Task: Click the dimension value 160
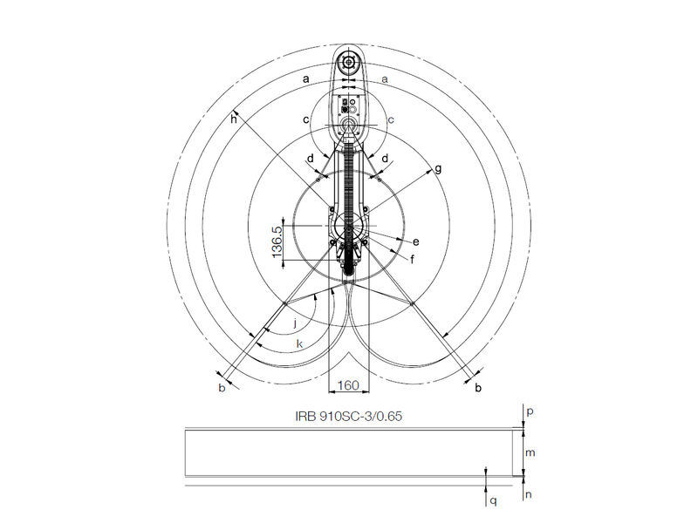click(348, 384)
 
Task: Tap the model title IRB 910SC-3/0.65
click(348, 416)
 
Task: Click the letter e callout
click(415, 241)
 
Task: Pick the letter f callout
click(411, 259)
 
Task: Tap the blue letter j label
click(294, 322)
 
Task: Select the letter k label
click(299, 344)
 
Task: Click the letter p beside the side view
click(530, 408)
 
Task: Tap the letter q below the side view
click(493, 501)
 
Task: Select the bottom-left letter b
click(222, 388)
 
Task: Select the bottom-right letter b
click(478, 388)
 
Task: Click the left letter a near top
click(305, 78)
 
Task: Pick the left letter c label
click(305, 119)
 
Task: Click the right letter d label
click(385, 160)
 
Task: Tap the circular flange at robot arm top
click(349, 63)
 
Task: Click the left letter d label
click(311, 160)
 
